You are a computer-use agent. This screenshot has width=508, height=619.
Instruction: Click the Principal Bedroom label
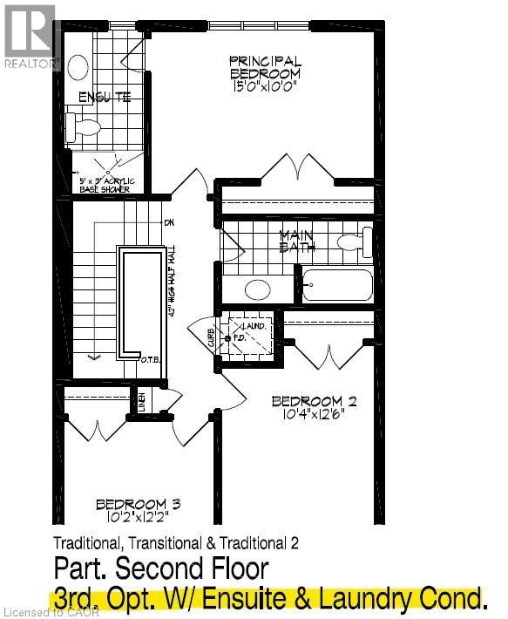[266, 67]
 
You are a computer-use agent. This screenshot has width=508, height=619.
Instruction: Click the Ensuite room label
[105, 97]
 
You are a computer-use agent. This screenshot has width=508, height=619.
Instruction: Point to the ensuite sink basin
[78, 67]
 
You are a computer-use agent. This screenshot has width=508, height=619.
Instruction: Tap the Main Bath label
[296, 241]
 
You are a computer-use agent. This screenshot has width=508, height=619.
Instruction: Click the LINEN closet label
[141, 403]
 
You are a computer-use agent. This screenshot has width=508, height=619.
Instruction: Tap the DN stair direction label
[168, 222]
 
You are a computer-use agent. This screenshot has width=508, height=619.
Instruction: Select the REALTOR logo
[30, 35]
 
